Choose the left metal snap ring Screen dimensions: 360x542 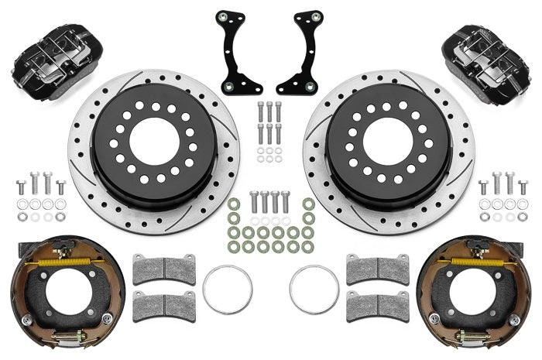(x=227, y=290)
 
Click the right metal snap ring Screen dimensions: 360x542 (x=314, y=290)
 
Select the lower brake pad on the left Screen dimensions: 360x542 (x=163, y=306)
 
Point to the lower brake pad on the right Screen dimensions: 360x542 (x=377, y=306)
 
